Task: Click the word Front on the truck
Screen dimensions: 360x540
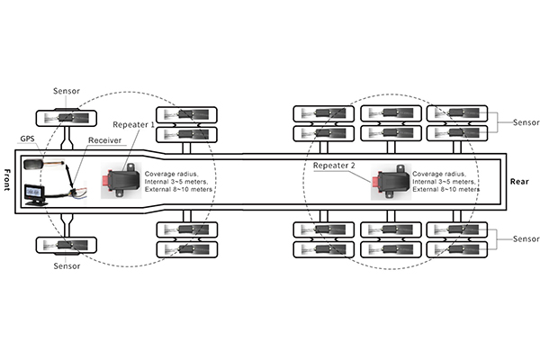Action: click(7, 179)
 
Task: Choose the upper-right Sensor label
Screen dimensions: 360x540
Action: click(526, 121)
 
